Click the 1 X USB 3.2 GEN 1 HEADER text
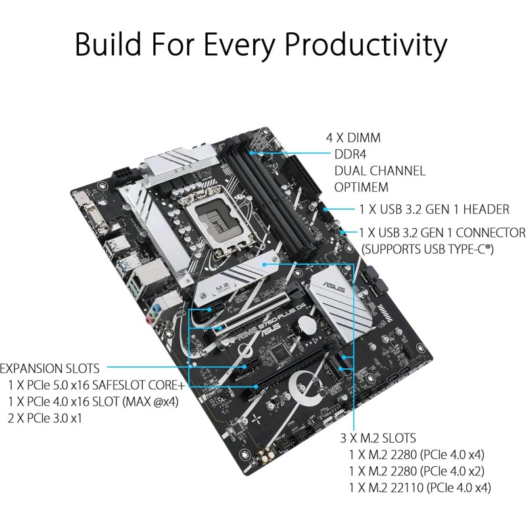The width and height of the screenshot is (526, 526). click(x=435, y=210)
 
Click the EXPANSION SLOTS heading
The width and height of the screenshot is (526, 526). click(x=50, y=368)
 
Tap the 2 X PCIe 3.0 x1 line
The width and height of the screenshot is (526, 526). click(x=55, y=418)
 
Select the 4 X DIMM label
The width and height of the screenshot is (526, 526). click(x=354, y=138)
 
